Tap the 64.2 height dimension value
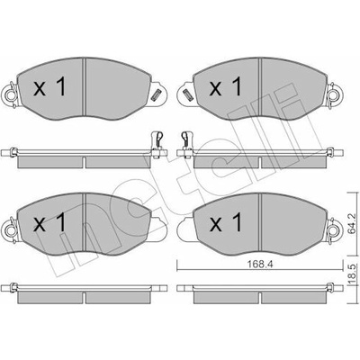point(353,223)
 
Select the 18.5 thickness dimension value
point(353,274)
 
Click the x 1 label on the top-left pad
point(49,86)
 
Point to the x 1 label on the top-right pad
point(225,86)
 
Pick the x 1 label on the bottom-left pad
point(49,222)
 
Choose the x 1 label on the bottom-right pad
point(225,222)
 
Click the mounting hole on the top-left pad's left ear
point(11,95)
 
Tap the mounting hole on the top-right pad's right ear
point(333,95)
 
